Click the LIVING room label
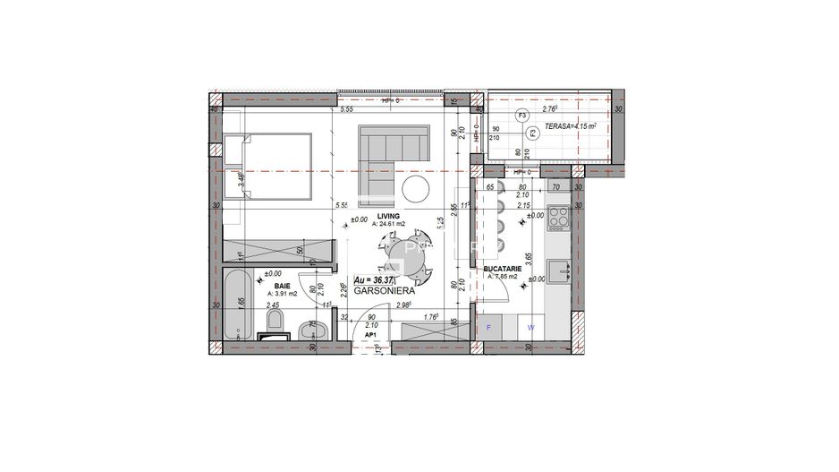click(x=387, y=217)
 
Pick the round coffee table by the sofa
click(x=416, y=188)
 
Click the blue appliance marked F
click(x=488, y=327)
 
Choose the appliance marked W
click(x=530, y=327)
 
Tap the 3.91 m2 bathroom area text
click(x=283, y=293)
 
